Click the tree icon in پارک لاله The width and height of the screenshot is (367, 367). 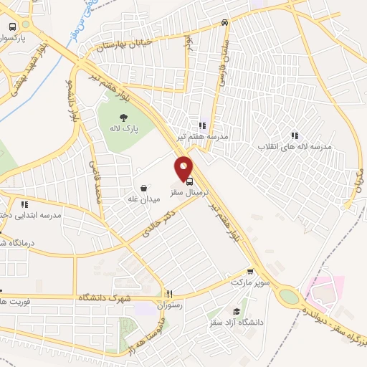pyautogui.click(x=125, y=117)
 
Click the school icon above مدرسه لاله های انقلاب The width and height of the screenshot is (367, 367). pyautogui.click(x=294, y=134)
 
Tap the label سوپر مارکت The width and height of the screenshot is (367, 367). pyautogui.click(x=249, y=282)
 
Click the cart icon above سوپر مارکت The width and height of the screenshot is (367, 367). pyautogui.click(x=249, y=272)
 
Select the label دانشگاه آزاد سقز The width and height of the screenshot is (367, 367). pyautogui.click(x=237, y=323)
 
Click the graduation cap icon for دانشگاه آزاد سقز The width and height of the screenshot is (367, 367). pyautogui.click(x=237, y=311)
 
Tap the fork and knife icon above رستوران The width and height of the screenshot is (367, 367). pyautogui.click(x=169, y=294)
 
